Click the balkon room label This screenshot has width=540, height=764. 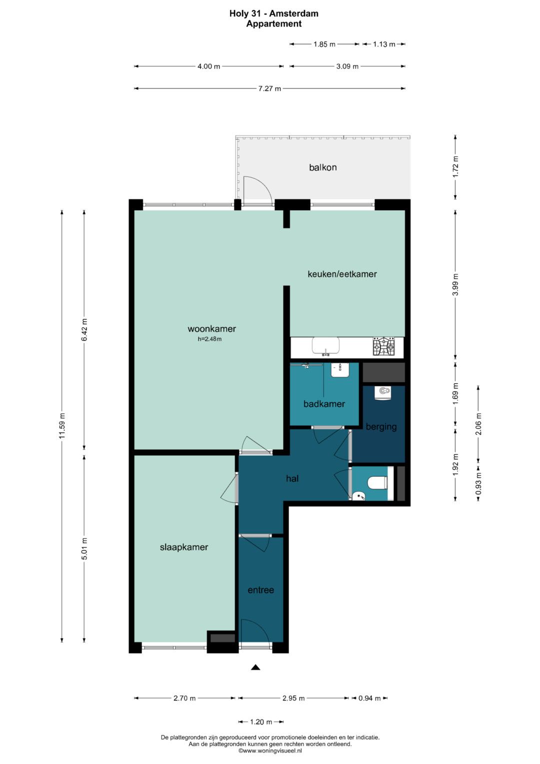pos(322,168)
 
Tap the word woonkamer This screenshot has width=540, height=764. pos(211,329)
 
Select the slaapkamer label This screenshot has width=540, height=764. pos(184,547)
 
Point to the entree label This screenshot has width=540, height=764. pos(261,590)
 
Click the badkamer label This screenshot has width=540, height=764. pos(324,404)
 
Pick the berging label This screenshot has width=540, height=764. pos(381,427)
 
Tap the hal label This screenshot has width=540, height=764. pos(292,478)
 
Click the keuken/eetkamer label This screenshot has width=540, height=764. pos(342,274)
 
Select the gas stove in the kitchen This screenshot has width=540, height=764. pos(384,346)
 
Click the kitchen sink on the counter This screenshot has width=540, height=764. pos(325,346)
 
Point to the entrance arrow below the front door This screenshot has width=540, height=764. pos(255,667)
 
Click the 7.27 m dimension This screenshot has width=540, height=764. pos(269,89)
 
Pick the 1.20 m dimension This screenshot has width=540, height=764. pos(261,721)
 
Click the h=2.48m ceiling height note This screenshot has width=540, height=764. pos(209,339)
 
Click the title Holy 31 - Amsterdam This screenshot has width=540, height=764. pos(274,14)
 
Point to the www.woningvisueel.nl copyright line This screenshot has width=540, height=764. pos(270,750)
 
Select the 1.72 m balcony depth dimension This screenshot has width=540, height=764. pos(455,167)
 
